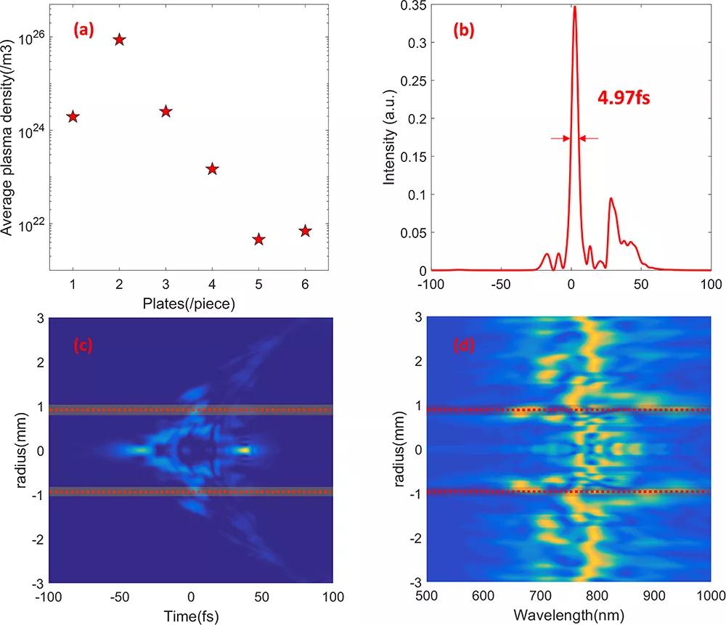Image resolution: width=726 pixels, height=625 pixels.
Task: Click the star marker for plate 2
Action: point(119,40)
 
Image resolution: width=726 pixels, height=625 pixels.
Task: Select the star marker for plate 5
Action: point(258,240)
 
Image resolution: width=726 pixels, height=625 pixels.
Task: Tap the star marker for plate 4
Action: point(212,169)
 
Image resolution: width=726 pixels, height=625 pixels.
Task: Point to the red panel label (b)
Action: point(465,30)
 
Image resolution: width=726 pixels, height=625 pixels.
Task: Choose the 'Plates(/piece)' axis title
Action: point(189,304)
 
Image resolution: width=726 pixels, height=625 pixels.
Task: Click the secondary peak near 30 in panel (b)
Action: point(611,198)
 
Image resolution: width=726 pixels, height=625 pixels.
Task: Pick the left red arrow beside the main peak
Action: point(558,138)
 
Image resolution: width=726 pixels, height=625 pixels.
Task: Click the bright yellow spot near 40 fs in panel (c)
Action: point(245,450)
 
